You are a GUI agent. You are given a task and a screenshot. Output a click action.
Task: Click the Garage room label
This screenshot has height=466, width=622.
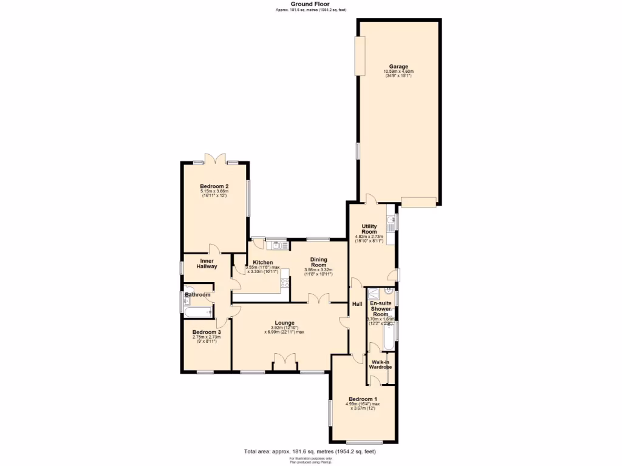point(398,67)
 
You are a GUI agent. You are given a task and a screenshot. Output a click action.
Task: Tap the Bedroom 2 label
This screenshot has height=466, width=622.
point(214,186)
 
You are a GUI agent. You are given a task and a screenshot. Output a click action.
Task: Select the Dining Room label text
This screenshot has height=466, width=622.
point(319,262)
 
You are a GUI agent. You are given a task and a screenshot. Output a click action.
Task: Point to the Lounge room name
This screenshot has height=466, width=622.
point(284,323)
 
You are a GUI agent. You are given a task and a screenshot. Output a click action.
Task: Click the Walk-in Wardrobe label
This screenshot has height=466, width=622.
point(381,365)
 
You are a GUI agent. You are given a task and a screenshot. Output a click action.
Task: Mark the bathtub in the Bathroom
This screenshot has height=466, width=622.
point(197,312)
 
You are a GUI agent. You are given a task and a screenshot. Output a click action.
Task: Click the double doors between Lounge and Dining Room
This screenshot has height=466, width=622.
point(318,299)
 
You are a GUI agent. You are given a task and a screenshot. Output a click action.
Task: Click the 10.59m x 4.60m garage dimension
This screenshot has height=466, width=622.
point(398,72)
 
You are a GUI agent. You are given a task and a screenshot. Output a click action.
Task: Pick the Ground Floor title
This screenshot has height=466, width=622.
point(310,4)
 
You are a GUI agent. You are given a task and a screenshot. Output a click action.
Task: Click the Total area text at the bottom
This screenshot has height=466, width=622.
point(313,451)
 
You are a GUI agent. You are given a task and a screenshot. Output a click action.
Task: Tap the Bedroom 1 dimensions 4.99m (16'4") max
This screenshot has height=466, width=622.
point(363,404)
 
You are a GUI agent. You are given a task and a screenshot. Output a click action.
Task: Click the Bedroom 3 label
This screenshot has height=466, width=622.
point(207,333)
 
